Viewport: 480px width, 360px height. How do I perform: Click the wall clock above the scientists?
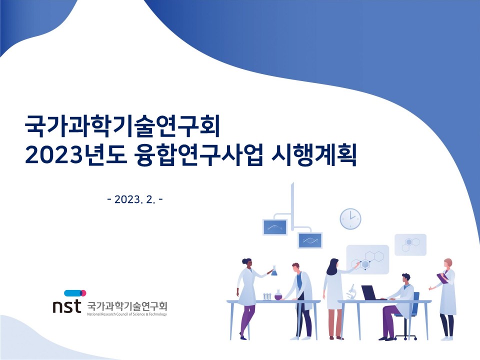coord(350,218)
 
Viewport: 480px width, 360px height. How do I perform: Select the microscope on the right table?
coord(351,292)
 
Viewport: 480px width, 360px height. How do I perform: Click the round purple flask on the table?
coord(278,295)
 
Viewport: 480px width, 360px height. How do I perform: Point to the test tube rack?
coord(267,296)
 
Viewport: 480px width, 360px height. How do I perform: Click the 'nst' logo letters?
coord(66,306)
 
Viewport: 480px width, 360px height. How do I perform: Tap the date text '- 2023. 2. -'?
coord(135,199)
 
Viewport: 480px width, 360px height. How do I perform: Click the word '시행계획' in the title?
coord(314,156)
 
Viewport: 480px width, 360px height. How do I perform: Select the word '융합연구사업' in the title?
coord(198,156)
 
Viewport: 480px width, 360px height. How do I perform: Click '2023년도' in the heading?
coord(75,156)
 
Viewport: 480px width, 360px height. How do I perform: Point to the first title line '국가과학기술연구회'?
coord(122,126)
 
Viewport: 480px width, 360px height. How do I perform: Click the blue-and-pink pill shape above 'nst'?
coord(75,293)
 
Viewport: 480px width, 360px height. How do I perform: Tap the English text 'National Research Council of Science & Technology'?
coord(127,314)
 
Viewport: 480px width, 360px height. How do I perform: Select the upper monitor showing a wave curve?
coord(275,227)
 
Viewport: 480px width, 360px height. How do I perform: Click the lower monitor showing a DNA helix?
coord(310,240)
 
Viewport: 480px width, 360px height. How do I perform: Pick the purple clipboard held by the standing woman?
coord(442,277)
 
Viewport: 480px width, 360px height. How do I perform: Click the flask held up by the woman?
coord(274,271)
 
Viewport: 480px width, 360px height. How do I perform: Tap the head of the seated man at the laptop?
coord(406,278)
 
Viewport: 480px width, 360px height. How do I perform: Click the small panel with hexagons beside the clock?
coord(410,244)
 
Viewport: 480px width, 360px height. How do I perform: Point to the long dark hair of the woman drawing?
coord(332,267)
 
